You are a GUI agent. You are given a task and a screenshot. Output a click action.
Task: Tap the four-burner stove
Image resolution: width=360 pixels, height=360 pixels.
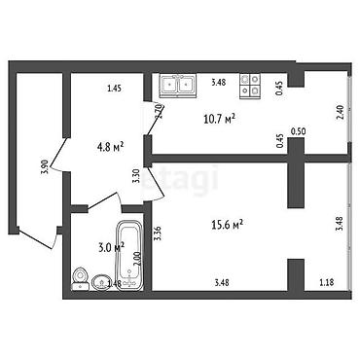pyautogui.click(x=250, y=85)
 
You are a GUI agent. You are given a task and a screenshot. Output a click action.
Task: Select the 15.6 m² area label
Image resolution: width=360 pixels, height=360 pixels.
pyautogui.click(x=227, y=224)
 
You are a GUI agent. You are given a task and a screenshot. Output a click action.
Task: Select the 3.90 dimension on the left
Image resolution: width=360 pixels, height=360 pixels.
pyautogui.click(x=44, y=166)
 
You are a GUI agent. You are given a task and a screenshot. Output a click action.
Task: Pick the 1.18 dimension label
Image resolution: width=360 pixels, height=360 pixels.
pyautogui.click(x=326, y=284)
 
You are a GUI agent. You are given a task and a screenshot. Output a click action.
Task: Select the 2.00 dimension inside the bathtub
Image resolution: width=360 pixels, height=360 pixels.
pyautogui.click(x=136, y=261)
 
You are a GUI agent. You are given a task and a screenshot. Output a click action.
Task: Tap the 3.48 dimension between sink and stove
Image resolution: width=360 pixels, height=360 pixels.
pyautogui.click(x=218, y=83)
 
